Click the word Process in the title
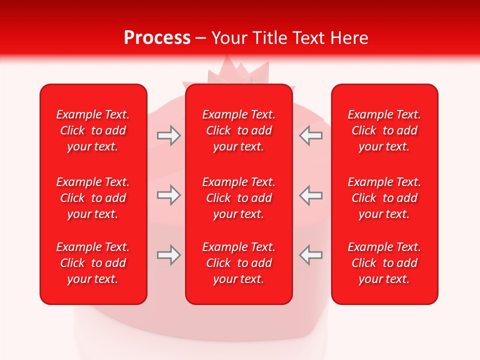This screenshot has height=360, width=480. (x=157, y=38)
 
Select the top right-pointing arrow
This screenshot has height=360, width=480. (x=168, y=135)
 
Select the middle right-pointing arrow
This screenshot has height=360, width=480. (x=168, y=195)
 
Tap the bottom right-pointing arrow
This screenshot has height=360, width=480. (x=168, y=255)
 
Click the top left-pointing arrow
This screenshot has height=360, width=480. (x=310, y=135)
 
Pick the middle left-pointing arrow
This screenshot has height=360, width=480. (x=310, y=195)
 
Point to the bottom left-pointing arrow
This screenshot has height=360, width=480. (x=310, y=255)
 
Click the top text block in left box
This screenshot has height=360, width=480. (x=93, y=130)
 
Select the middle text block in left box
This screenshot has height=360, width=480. (x=93, y=198)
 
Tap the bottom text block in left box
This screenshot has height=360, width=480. (x=93, y=263)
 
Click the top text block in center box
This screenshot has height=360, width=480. (x=238, y=130)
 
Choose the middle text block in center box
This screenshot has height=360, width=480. (x=238, y=198)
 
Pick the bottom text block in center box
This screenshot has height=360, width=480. (x=238, y=263)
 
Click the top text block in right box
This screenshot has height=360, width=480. (x=384, y=130)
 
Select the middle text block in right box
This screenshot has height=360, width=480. (x=384, y=198)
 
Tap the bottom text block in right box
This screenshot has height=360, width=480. (x=384, y=263)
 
